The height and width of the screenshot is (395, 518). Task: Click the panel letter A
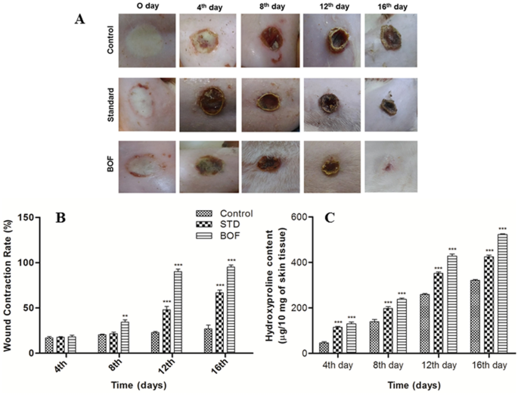(79, 20)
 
